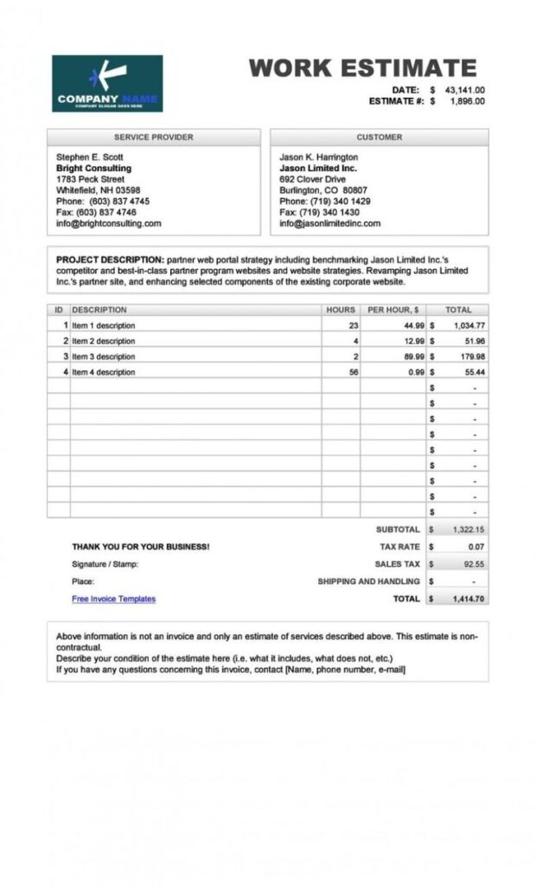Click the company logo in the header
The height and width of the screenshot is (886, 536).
pos(107,83)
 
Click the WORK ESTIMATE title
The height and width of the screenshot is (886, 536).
pos(362,68)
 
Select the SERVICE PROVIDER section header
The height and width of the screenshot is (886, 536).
pos(153,138)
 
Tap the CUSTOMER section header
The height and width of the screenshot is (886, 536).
pos(379,138)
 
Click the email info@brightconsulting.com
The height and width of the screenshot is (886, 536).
pos(108,223)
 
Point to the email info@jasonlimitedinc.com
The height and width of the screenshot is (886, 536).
pos(329,223)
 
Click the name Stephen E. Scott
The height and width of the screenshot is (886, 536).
pos(89,157)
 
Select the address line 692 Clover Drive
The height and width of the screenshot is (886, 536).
pos(312,179)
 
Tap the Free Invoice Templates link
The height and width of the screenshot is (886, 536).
pos(113,599)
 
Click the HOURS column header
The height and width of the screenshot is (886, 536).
pos(341,310)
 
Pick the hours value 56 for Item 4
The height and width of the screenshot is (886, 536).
pos(353,372)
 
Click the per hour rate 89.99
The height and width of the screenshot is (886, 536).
pos(413,356)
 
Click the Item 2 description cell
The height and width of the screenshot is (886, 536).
pos(104,341)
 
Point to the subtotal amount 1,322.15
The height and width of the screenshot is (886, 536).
pos(468,530)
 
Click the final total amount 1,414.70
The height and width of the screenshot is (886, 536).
pos(468,599)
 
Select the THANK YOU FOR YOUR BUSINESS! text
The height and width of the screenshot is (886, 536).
pos(140,547)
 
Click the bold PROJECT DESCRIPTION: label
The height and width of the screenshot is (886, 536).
pos(110,260)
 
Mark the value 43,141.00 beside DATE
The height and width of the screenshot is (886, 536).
pos(464,90)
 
